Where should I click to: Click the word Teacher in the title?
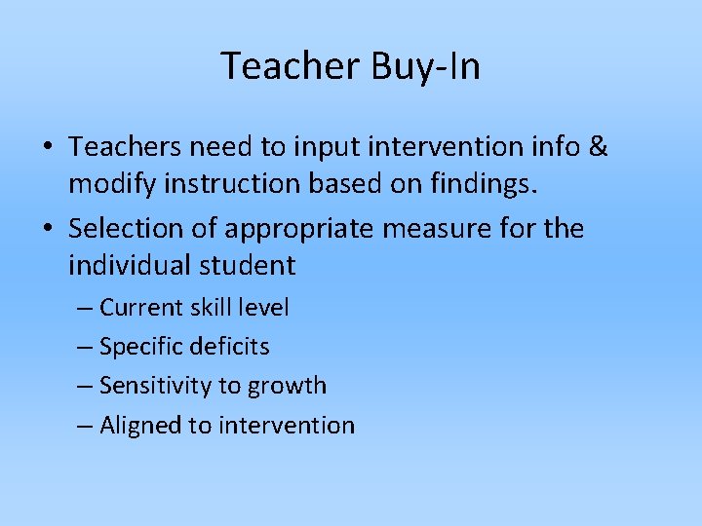[x=290, y=67]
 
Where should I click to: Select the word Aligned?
[x=141, y=425]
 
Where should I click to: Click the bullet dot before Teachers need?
[x=47, y=147]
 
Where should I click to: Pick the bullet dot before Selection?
[x=47, y=229]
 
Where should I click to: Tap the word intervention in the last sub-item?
[x=287, y=425]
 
